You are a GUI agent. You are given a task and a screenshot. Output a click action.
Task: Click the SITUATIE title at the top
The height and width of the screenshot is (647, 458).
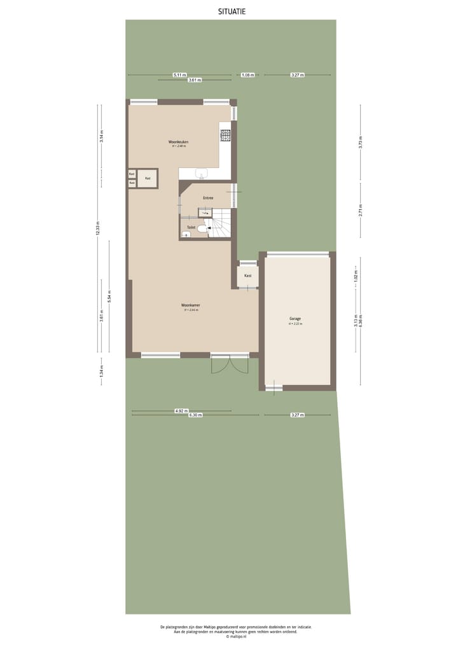[x=232, y=11]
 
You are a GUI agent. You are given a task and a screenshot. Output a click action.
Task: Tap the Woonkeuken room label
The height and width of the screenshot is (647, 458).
[x=178, y=141]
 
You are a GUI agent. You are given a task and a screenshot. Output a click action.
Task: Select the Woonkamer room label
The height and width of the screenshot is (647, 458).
[x=191, y=305]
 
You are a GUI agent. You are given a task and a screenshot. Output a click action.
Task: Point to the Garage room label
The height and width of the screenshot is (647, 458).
[x=295, y=319]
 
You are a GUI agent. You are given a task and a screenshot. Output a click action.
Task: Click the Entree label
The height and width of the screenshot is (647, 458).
[x=208, y=198]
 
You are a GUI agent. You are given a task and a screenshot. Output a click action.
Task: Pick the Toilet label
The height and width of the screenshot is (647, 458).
[x=191, y=227]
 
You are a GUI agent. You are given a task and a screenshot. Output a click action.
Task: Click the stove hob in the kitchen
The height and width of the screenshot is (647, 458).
[x=225, y=135]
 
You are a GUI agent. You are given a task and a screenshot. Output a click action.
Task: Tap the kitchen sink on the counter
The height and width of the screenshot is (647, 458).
[x=202, y=174]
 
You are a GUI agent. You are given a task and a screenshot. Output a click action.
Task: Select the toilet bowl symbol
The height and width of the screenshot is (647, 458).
[x=202, y=228]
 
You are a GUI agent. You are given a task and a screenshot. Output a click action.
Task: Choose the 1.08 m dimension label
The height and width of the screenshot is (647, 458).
[x=247, y=75]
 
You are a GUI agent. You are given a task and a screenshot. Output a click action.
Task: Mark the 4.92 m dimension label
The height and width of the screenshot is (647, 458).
[x=181, y=411]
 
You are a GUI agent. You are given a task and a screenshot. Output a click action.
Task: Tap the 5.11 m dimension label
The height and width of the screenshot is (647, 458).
[x=179, y=75]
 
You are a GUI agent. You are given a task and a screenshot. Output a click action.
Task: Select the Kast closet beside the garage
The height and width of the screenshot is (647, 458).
[x=247, y=275]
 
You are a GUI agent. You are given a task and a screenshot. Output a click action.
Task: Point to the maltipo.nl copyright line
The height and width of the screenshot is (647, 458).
[x=236, y=636]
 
